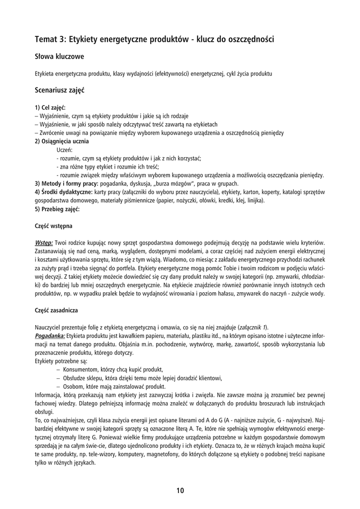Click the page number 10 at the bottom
tap(180, 491)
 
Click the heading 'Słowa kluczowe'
tap(59, 57)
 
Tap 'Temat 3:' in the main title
tap(50, 38)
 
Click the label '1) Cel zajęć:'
tap(50, 107)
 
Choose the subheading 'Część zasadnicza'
tap(56, 311)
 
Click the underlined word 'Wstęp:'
tap(44, 243)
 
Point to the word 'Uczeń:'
tap(65, 150)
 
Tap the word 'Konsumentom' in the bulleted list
tap(82, 370)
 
